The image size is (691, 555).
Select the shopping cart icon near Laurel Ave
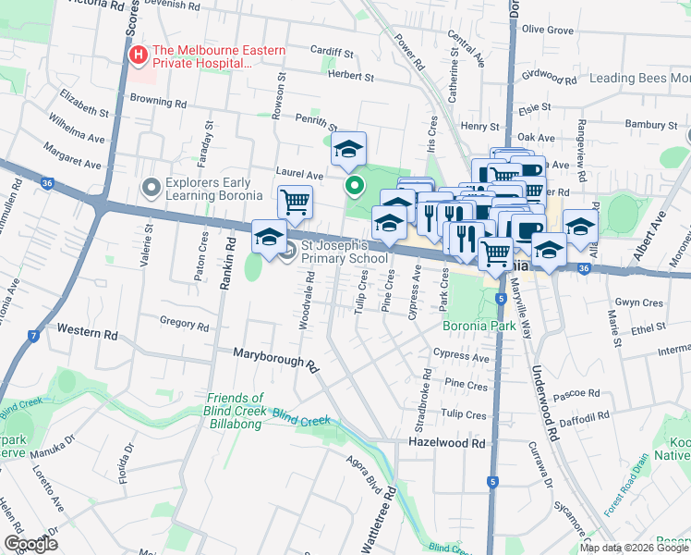[x=295, y=201]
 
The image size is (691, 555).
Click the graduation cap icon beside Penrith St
[x=348, y=148]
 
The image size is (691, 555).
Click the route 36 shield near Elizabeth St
[x=47, y=183]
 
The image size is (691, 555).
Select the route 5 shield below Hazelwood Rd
[x=493, y=481]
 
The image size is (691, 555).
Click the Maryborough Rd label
[x=275, y=359]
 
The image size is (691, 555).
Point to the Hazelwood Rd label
[x=446, y=444]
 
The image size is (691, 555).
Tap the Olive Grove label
[x=548, y=30]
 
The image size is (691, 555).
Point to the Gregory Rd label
[x=185, y=324]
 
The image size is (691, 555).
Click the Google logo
[x=30, y=545]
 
